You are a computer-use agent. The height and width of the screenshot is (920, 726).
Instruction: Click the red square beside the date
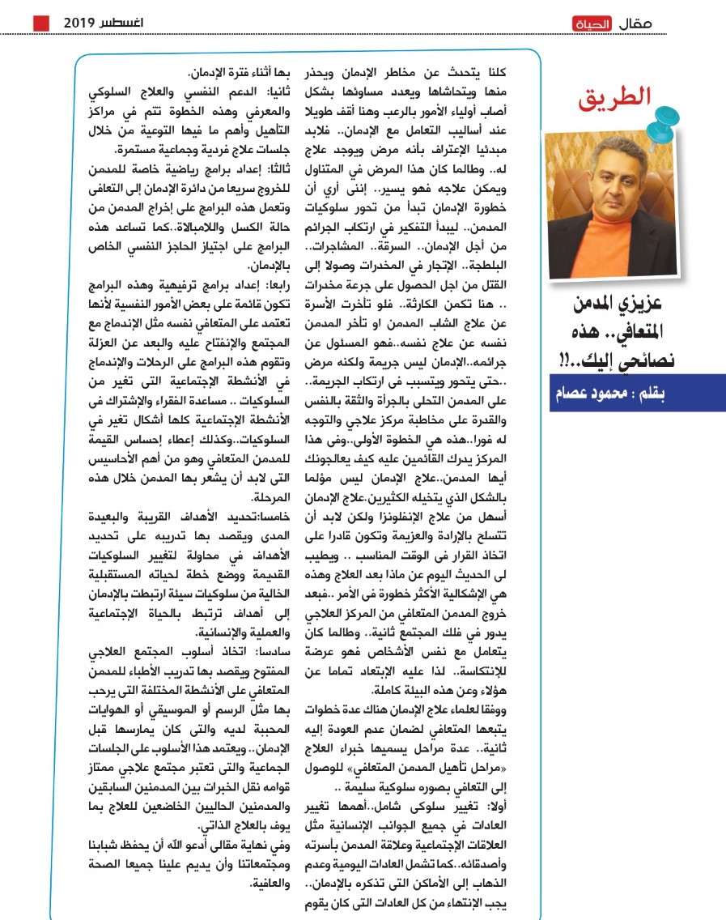[x=40, y=23]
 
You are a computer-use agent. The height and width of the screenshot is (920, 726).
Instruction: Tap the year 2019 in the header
[x=80, y=23]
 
